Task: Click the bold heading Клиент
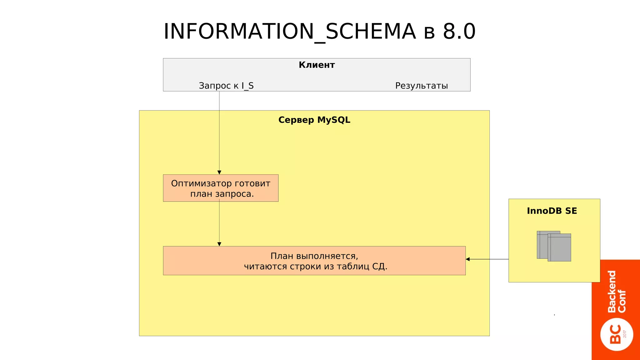pos(317,65)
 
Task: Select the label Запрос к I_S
pos(226,86)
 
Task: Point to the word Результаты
pos(421,86)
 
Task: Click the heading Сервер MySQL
pos(314,120)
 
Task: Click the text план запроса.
pos(222,194)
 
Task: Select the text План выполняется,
pos(314,256)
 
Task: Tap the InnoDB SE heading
pos(552,211)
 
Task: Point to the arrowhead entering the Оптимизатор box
pos(219,172)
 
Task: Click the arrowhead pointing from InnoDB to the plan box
pos(468,259)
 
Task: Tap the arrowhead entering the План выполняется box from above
pos(219,244)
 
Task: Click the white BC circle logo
pos(616,334)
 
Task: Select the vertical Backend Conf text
pos(616,291)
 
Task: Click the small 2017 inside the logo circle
pos(625,334)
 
